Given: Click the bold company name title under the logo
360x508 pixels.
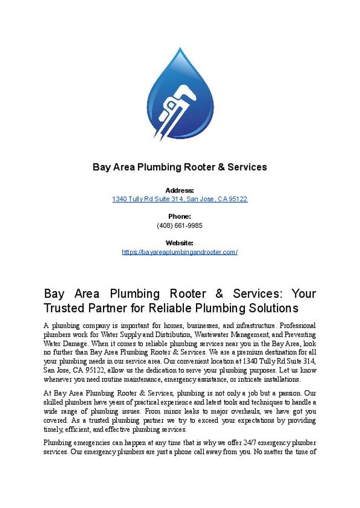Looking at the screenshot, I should pyautogui.click(x=179, y=167).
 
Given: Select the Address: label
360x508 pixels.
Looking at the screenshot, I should pyautogui.click(x=179, y=190).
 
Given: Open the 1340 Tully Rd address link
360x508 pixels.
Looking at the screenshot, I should pyautogui.click(x=179, y=199).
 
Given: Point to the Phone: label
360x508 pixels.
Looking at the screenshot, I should pyautogui.click(x=179, y=216).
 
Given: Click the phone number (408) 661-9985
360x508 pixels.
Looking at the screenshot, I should pyautogui.click(x=179, y=225).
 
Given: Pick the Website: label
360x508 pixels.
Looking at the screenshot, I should pyautogui.click(x=179, y=243).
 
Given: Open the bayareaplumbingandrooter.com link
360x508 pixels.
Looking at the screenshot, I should pyautogui.click(x=179, y=252).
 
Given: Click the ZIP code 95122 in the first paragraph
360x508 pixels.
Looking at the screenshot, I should pyautogui.click(x=97, y=370).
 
